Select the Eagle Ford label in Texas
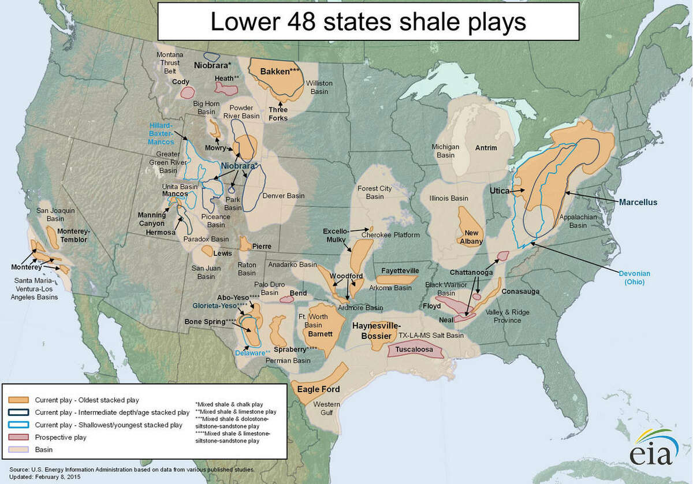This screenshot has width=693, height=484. [318, 389]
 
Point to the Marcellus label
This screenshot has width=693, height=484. [638, 202]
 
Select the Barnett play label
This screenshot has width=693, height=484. [319, 334]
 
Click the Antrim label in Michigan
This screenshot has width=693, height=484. [486, 148]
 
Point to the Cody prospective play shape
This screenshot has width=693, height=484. [186, 92]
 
